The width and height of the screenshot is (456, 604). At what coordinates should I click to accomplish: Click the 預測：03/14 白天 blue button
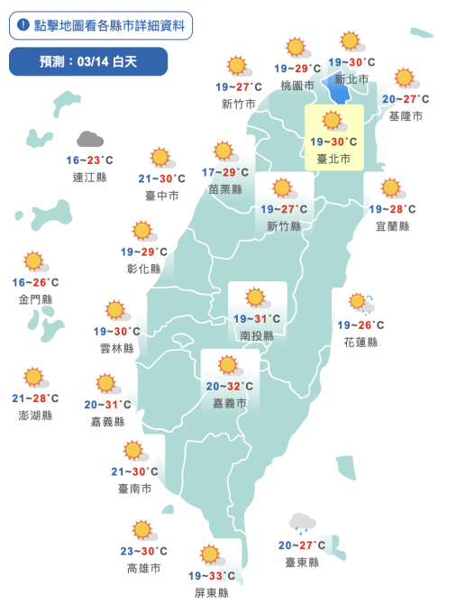88,61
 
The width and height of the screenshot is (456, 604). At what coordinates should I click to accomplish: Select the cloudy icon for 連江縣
89,139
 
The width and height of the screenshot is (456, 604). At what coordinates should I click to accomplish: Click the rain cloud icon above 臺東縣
302,522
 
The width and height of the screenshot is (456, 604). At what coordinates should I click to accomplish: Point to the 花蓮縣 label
360,343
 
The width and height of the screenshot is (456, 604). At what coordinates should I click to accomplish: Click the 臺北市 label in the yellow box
333,158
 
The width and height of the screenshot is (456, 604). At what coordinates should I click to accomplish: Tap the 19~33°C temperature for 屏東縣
211,575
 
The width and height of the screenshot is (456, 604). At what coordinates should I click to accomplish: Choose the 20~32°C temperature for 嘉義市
228,386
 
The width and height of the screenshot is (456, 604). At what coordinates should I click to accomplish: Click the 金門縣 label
35,298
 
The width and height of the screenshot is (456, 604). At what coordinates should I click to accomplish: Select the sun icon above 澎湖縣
34,377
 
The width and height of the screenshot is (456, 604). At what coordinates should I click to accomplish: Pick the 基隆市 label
405,116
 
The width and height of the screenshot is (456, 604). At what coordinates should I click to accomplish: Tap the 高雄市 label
143,569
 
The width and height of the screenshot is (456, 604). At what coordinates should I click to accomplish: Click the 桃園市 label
296,86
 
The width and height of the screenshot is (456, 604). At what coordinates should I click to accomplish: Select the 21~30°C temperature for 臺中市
162,178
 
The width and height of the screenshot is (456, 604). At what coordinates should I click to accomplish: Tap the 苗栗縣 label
225,189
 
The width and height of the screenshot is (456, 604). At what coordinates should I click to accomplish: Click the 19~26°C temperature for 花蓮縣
360,325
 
